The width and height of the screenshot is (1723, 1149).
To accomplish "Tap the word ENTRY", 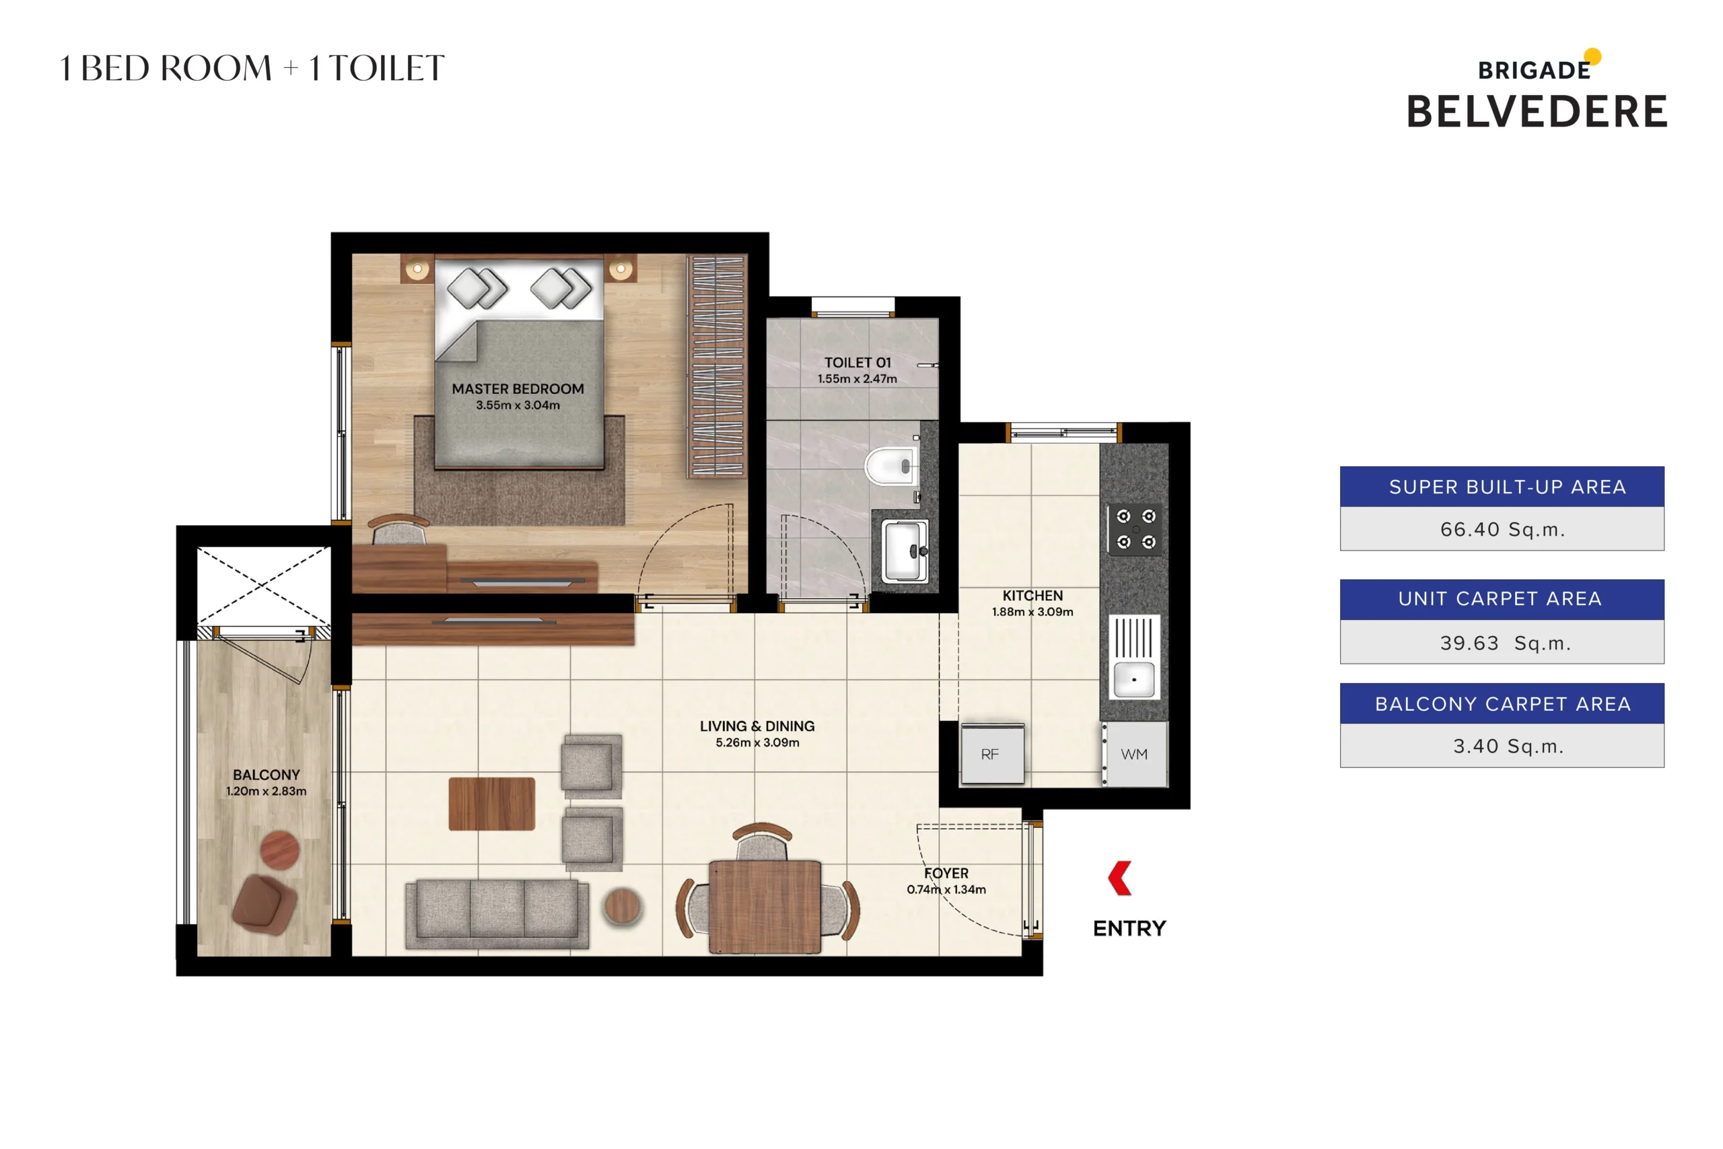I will [x=1129, y=928].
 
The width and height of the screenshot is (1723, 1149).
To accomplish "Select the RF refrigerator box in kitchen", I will [x=992, y=754].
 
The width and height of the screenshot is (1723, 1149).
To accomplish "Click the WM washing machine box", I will [x=1134, y=754].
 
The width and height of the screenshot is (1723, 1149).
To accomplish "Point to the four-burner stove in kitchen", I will [x=1135, y=528].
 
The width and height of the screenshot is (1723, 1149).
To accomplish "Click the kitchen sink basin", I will [x=1133, y=678].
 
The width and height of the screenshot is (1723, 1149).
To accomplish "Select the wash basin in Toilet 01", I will [x=905, y=551].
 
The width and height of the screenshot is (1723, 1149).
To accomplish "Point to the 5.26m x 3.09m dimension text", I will [x=757, y=742].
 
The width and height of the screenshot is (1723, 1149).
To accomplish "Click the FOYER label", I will [x=946, y=873].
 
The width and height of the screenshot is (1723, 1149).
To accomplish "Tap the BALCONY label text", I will [x=266, y=775].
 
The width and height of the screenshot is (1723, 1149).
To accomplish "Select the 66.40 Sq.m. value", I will [x=1502, y=529].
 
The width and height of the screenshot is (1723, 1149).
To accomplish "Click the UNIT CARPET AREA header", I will [x=1500, y=598].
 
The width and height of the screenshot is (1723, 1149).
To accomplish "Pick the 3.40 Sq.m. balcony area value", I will [x=1508, y=746].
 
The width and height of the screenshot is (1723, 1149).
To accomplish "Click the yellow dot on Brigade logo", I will [x=1592, y=57].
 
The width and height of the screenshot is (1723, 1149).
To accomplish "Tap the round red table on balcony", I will [x=280, y=850].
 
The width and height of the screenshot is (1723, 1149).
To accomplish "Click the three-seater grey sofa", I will [x=497, y=912].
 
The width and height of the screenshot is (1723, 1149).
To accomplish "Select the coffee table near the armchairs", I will [x=491, y=804].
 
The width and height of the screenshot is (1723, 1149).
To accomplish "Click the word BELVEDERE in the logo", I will [x=1536, y=112].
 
